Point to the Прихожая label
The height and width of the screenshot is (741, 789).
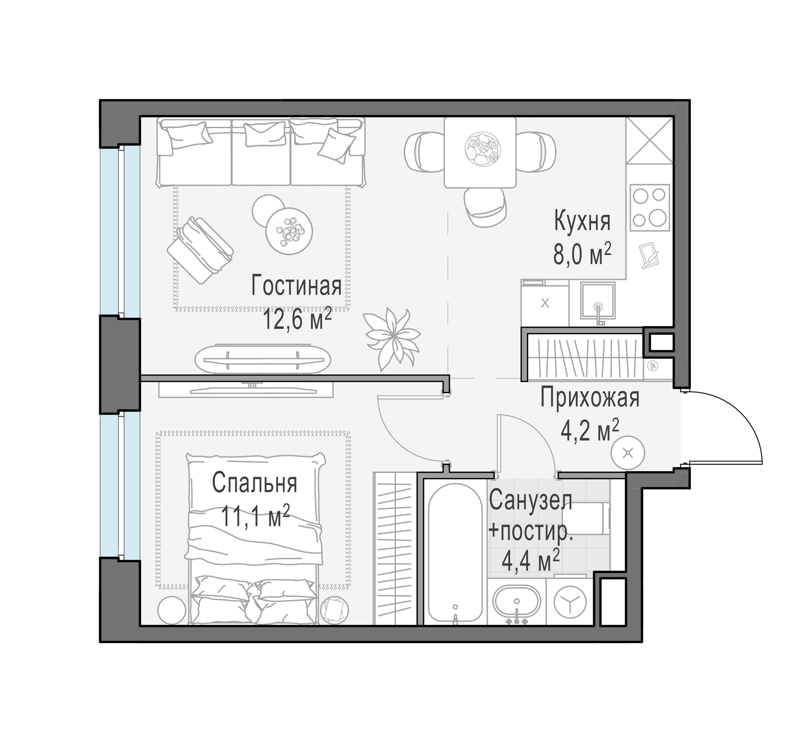click(590, 398)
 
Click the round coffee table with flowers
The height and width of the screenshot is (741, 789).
click(289, 231)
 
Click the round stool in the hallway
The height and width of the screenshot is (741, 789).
click(628, 453)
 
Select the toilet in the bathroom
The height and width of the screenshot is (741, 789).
click(585, 518)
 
